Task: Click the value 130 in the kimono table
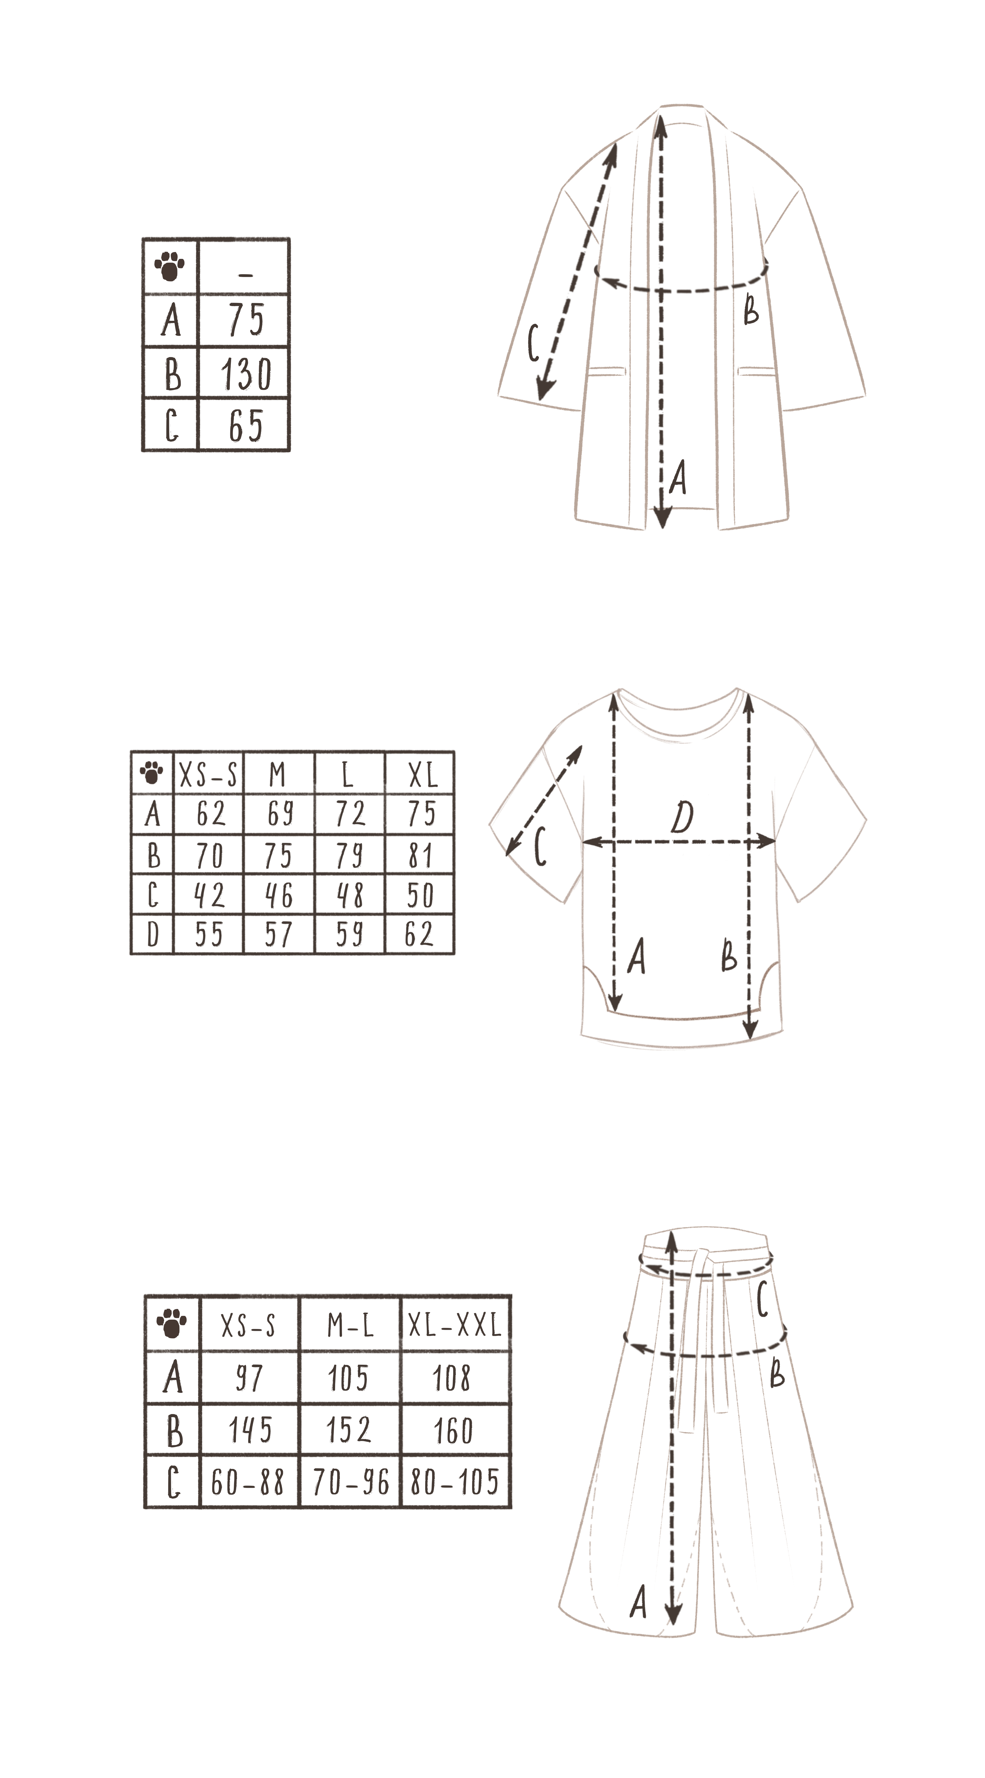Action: (x=246, y=373)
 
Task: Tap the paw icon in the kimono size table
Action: (x=170, y=266)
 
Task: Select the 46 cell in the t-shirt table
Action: (x=279, y=895)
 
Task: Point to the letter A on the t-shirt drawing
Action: (x=636, y=957)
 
